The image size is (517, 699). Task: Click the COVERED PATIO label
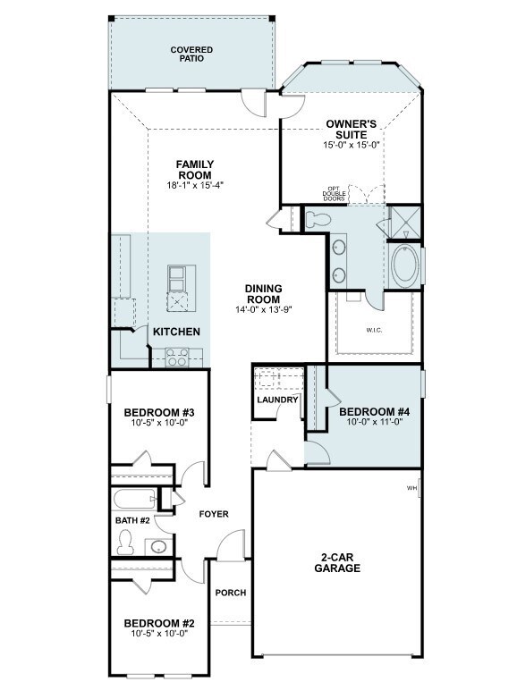[x=191, y=54]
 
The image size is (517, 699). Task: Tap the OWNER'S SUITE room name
[x=351, y=130]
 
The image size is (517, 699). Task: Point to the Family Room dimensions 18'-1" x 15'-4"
[x=195, y=185]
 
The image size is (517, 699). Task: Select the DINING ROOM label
[x=263, y=294]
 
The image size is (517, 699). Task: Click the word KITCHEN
[x=176, y=332]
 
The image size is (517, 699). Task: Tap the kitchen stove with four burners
[x=177, y=358]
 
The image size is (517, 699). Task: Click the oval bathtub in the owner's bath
[x=405, y=266]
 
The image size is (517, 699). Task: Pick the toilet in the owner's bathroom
[x=318, y=219]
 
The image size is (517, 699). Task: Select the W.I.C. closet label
[x=374, y=331]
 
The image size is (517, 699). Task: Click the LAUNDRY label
[x=277, y=400]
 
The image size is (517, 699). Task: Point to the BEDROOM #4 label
[x=374, y=411]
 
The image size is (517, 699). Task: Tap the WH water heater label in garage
[x=411, y=488]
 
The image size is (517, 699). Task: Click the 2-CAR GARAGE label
[x=337, y=563]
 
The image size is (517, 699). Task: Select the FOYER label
[x=214, y=514]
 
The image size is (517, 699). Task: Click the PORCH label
[x=230, y=593]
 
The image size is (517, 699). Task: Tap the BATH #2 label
[x=132, y=520]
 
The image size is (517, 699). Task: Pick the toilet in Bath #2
[x=125, y=542]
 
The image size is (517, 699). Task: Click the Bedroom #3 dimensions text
[x=159, y=422]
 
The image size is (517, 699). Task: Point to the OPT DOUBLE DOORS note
[x=335, y=193]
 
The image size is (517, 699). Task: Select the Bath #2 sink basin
[x=158, y=546]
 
